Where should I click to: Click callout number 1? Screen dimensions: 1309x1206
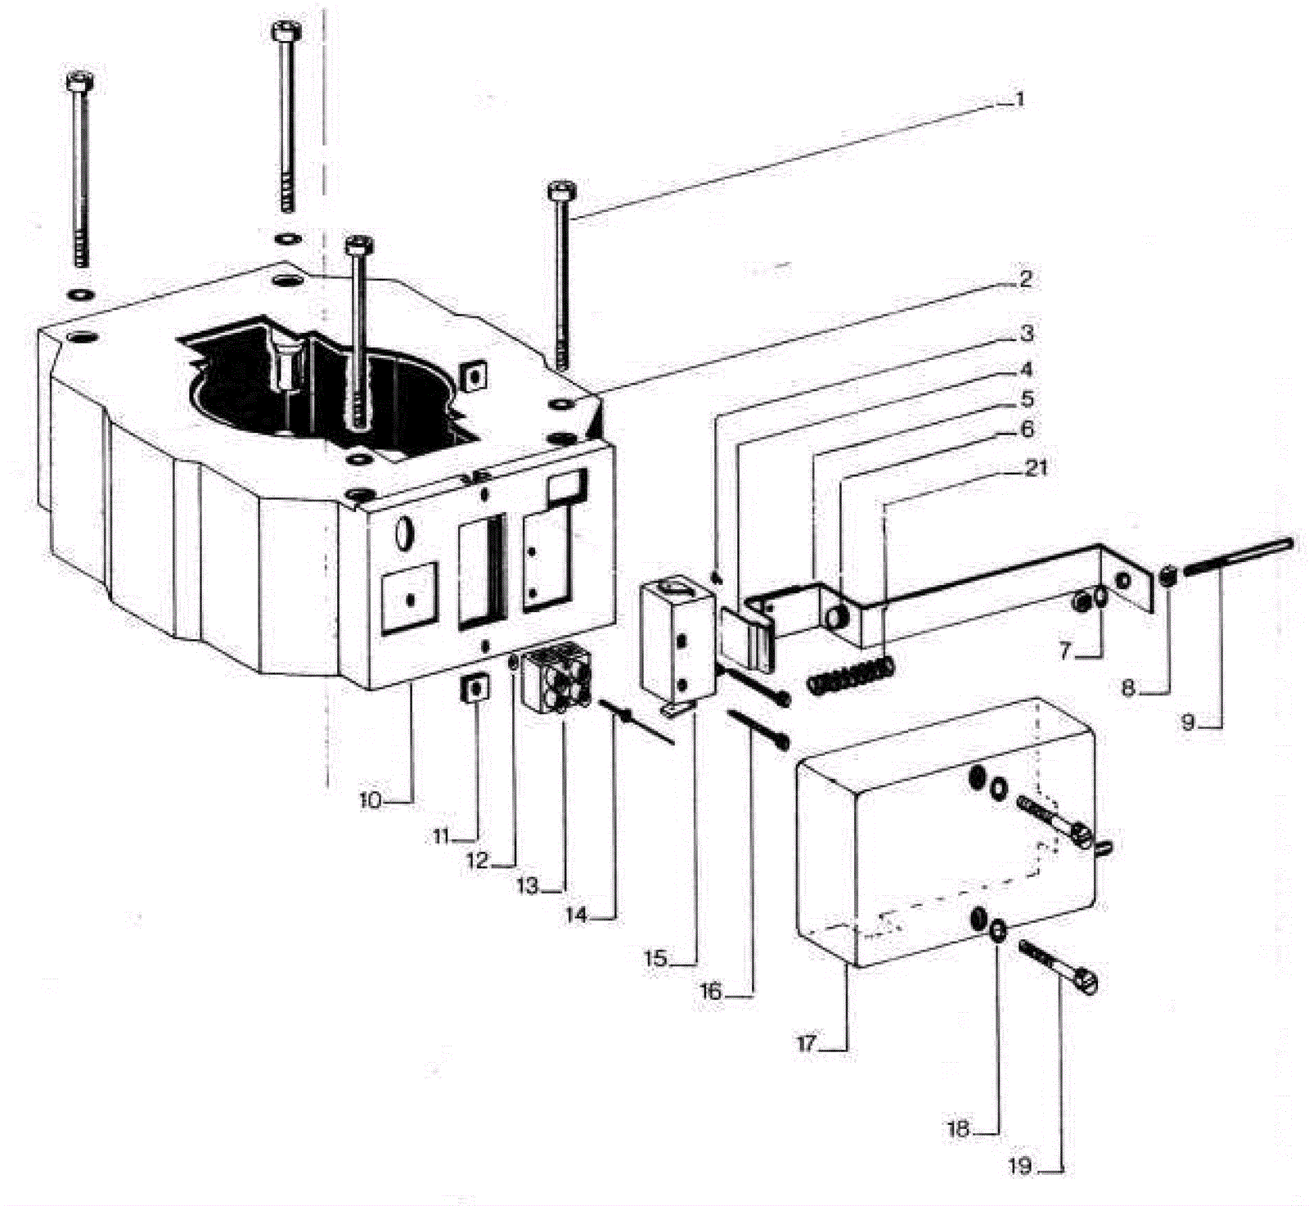(x=1019, y=100)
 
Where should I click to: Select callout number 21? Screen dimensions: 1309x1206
(x=1035, y=468)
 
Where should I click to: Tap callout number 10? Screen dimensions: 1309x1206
(x=370, y=800)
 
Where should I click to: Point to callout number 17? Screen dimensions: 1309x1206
(x=807, y=1045)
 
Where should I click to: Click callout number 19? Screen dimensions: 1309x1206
(x=1019, y=1166)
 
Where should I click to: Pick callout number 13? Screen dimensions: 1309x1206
(x=529, y=885)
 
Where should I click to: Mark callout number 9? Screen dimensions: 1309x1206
(x=1187, y=722)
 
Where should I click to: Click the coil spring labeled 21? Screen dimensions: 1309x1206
(x=850, y=676)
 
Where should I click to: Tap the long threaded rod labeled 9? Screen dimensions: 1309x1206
(x=1236, y=556)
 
